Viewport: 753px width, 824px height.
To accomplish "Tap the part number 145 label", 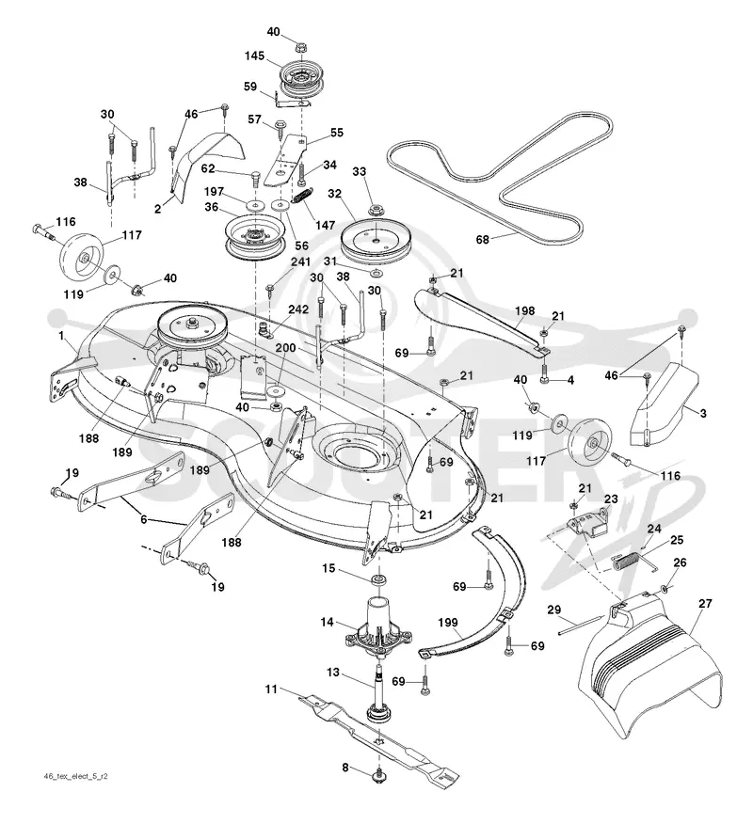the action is (254, 55).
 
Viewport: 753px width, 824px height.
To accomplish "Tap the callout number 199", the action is (447, 622).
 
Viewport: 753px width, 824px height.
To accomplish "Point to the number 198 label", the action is (524, 310).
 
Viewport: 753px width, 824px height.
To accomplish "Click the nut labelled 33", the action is (376, 212).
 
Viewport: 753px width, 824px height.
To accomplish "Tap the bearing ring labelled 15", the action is (378, 580).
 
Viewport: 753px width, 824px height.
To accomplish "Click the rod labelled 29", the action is (581, 626).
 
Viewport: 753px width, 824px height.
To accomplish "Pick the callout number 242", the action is (298, 309).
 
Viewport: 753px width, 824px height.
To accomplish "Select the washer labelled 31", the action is (376, 273).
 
